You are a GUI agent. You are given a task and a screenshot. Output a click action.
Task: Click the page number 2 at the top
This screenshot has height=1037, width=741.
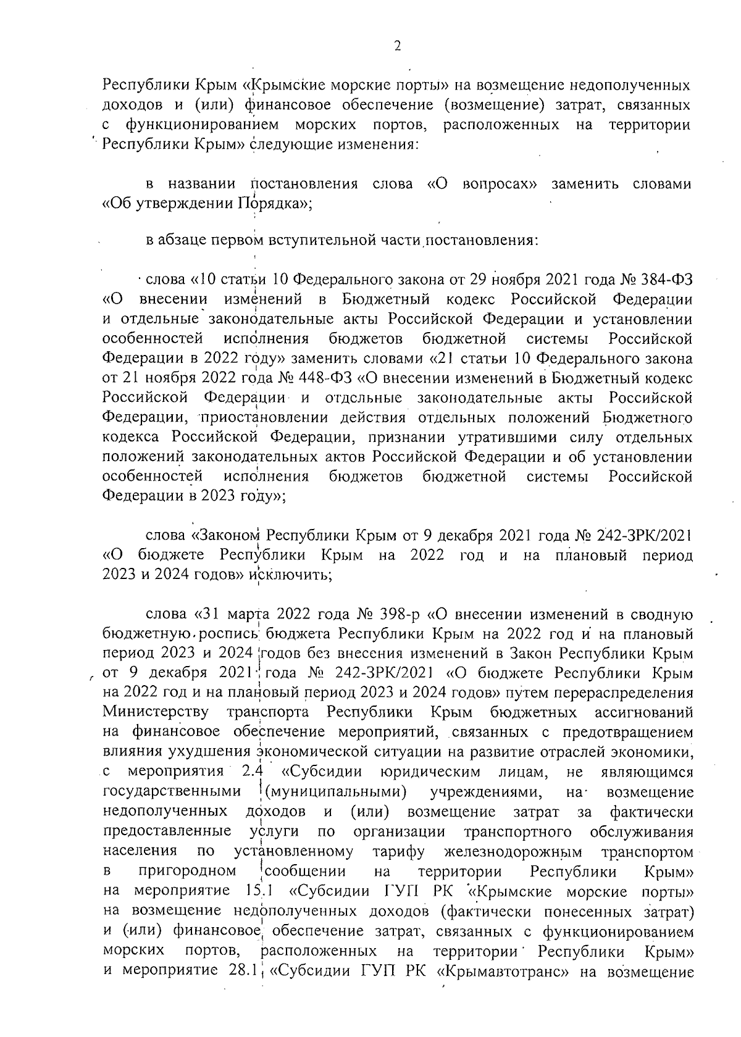(x=397, y=46)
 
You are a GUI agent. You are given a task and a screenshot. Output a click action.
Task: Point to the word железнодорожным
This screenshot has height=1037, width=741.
(x=513, y=852)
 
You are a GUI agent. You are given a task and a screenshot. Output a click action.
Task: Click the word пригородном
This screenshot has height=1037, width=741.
(x=188, y=872)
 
